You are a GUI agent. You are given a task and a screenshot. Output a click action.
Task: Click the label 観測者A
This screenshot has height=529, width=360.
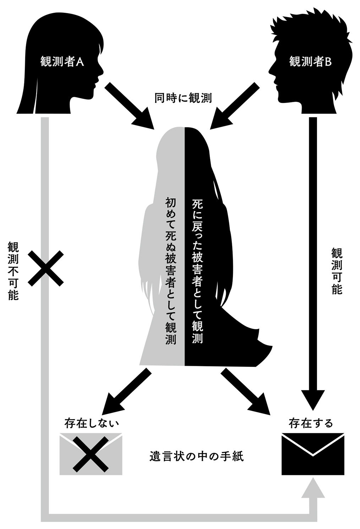[x=62, y=62]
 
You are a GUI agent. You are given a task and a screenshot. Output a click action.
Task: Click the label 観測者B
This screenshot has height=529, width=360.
[x=310, y=62]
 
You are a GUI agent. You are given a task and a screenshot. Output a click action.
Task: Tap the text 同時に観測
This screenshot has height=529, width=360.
[x=183, y=98]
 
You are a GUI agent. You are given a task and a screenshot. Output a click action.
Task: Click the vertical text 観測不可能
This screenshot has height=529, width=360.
[x=13, y=271]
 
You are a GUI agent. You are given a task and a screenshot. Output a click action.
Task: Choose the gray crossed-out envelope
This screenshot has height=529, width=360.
[x=91, y=454]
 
